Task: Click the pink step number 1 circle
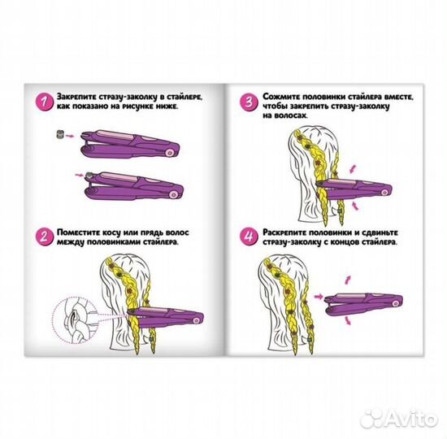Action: [x=44, y=102]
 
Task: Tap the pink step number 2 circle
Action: [x=44, y=237]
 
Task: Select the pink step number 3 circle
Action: [x=249, y=102]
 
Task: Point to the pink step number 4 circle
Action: [x=249, y=237]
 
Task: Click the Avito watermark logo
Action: [x=399, y=419]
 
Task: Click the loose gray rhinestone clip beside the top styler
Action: [x=59, y=133]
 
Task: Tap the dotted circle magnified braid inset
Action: [x=75, y=319]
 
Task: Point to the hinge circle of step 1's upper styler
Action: [x=170, y=153]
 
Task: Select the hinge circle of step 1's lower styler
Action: [x=173, y=195]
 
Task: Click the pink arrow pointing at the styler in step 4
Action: [x=319, y=297]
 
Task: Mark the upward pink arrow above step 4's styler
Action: [x=348, y=280]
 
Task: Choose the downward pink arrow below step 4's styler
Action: [x=348, y=320]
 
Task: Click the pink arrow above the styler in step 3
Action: [x=353, y=168]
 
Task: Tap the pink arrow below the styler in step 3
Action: [x=354, y=206]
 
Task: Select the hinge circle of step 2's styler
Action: [x=196, y=320]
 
